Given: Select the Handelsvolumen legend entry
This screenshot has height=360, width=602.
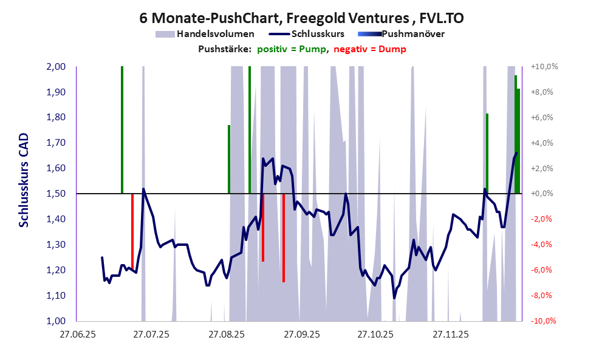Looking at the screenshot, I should [215, 34].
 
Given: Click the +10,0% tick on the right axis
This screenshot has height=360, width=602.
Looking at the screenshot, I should [544, 67].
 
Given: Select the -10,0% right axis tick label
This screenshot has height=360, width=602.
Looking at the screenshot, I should [544, 321].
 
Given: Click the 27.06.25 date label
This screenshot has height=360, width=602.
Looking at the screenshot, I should [76, 334].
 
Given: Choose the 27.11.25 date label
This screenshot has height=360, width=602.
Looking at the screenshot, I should [450, 334].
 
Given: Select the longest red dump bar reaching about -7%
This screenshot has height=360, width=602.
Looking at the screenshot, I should [284, 238].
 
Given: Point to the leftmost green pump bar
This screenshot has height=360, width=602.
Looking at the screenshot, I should [122, 130].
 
